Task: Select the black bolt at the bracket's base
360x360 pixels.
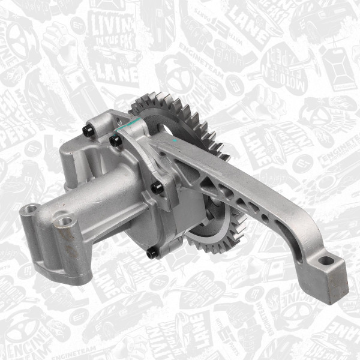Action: (157, 188)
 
